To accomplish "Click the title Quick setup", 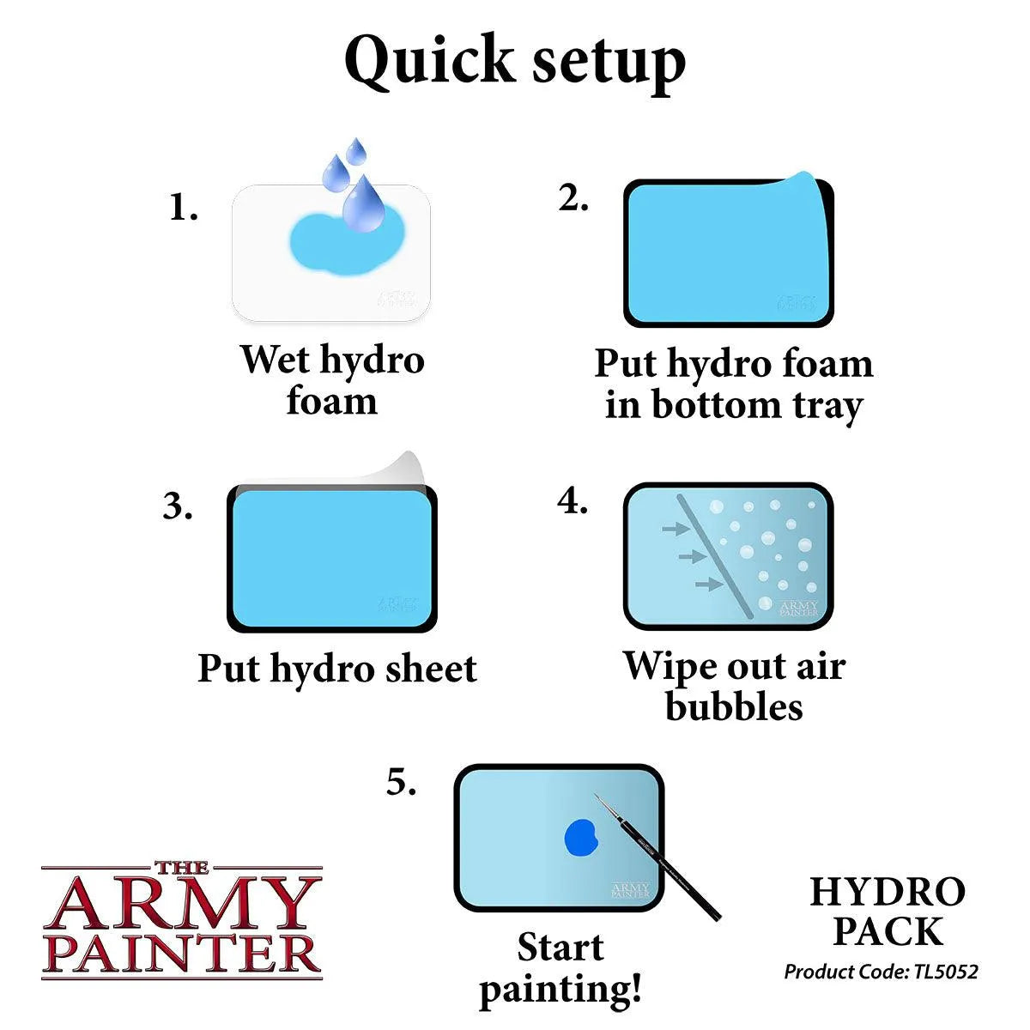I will pos(515,62).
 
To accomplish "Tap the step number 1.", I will pos(183,208).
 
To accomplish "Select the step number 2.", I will pos(573,198).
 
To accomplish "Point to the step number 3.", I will pos(178,506).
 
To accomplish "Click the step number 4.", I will pos(573,501).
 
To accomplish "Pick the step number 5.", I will pos(401,783).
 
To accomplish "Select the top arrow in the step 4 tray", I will pos(675,530).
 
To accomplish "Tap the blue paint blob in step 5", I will pos(580,836).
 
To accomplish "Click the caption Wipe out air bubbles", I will pos(734,687).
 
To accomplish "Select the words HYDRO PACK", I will pos(888,912).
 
